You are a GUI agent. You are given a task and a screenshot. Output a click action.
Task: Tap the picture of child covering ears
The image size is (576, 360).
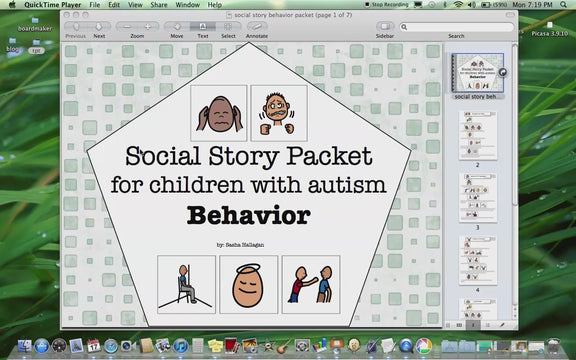tap(218, 113)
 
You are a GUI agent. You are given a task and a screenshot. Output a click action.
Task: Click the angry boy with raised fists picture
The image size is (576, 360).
tap(279, 113)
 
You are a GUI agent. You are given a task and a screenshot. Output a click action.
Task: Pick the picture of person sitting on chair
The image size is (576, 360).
tap(186, 284)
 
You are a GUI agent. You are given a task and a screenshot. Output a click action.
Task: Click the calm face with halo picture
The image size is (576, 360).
tap(248, 284)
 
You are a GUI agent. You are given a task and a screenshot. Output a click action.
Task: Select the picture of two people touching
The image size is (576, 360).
tap(310, 284)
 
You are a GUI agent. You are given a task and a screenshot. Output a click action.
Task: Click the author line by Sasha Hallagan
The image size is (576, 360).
tap(248, 244)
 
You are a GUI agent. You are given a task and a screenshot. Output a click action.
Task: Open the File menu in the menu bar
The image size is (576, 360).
tap(93, 5)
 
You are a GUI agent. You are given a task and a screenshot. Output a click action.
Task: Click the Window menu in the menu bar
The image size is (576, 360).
tap(186, 5)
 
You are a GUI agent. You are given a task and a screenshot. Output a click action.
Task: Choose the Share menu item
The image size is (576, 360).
tap(159, 5)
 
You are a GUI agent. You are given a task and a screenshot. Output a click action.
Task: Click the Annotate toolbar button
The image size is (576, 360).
tap(257, 27)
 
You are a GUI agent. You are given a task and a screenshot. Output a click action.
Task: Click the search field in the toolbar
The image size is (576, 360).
tap(456, 26)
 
